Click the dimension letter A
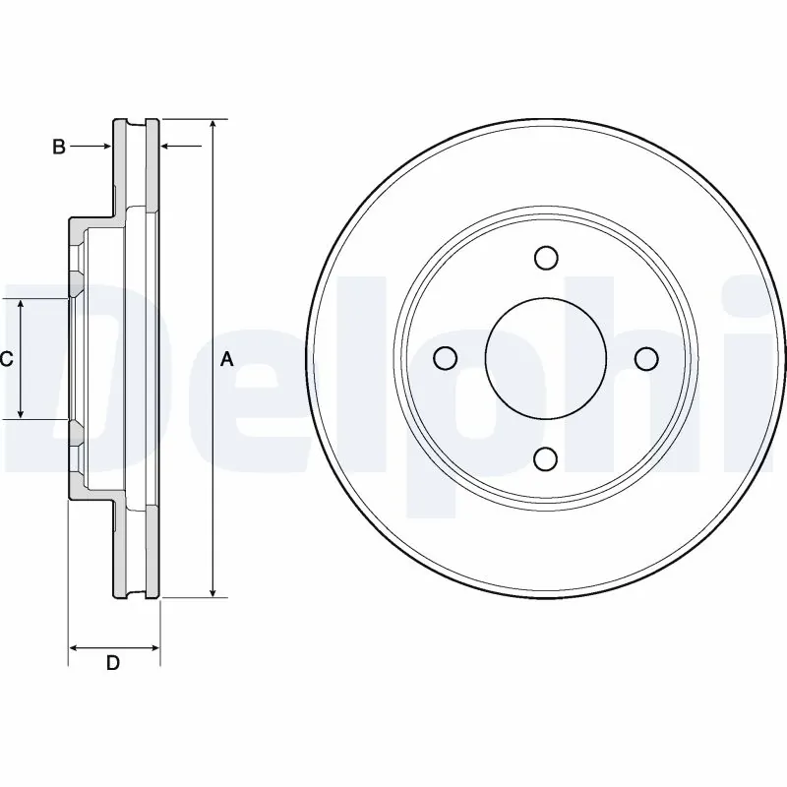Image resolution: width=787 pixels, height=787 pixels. coord(227,360)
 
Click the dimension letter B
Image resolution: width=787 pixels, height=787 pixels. coord(59,147)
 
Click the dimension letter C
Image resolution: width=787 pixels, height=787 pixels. coord(6,360)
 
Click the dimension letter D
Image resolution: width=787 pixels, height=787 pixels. coord(113,664)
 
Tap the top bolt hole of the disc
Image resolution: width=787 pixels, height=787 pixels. coord(546,258)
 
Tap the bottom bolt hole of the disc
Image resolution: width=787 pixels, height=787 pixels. coord(546,458)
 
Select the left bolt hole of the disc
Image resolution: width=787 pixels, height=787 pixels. coord(446,358)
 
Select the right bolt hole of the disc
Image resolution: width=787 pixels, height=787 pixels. coord(646,358)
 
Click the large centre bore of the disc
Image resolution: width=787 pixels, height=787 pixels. coord(546,358)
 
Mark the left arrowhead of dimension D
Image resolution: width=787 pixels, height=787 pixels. coord(74,647)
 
